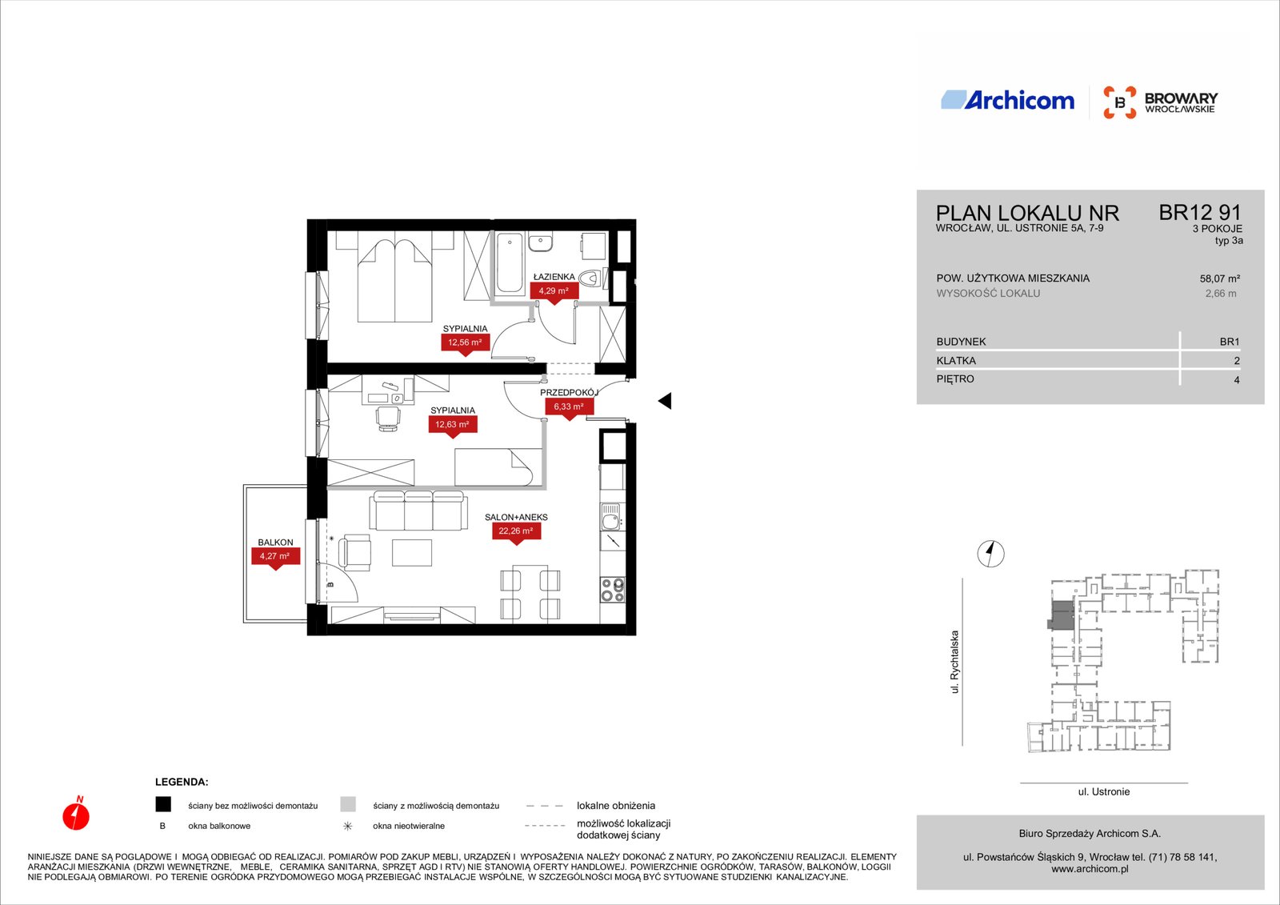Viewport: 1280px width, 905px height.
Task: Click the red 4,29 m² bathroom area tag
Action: point(554,291)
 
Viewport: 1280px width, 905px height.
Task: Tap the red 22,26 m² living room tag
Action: point(516,531)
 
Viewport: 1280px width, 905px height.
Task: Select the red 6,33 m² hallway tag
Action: point(569,407)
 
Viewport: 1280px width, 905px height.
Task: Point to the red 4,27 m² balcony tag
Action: point(275,557)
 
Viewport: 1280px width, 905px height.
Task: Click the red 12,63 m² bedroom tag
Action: point(453,426)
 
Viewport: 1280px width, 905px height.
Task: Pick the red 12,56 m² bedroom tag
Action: point(465,343)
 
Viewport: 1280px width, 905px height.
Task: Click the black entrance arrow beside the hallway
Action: point(665,401)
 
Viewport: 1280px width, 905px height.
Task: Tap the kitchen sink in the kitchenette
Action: point(611,517)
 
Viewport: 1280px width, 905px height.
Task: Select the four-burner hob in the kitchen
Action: point(612,590)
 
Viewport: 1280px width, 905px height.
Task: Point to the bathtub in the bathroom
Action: point(509,263)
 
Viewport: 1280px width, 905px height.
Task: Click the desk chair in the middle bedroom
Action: point(388,418)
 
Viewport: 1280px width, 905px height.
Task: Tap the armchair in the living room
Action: point(355,553)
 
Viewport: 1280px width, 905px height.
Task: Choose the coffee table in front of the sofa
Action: point(411,553)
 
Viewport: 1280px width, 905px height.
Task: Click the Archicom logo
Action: point(1007,101)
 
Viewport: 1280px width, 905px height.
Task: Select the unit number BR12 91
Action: point(1200,213)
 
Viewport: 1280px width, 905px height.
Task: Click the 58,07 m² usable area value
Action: point(1219,279)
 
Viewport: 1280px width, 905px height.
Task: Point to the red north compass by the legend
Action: point(76,813)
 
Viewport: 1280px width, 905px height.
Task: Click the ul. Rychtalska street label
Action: point(954,662)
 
